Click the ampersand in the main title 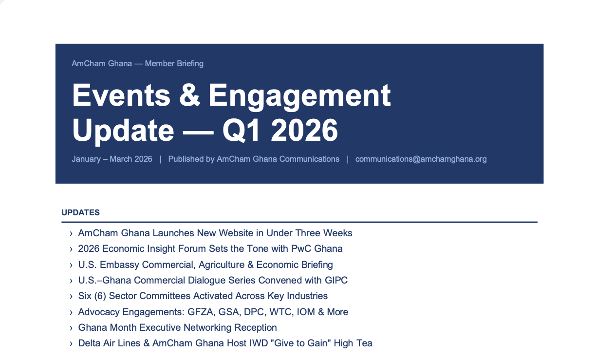click(189, 95)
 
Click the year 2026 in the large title click(304, 130)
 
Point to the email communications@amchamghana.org click(421, 159)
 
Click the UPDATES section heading click(81, 212)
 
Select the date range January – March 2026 click(112, 159)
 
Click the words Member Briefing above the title click(174, 64)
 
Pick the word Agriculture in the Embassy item click(222, 265)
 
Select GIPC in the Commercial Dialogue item click(336, 280)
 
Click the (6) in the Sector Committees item click(100, 296)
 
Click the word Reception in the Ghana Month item click(256, 327)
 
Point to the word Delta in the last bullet click(89, 343)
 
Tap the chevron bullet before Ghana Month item click(71, 328)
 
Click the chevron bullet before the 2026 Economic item click(71, 249)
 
